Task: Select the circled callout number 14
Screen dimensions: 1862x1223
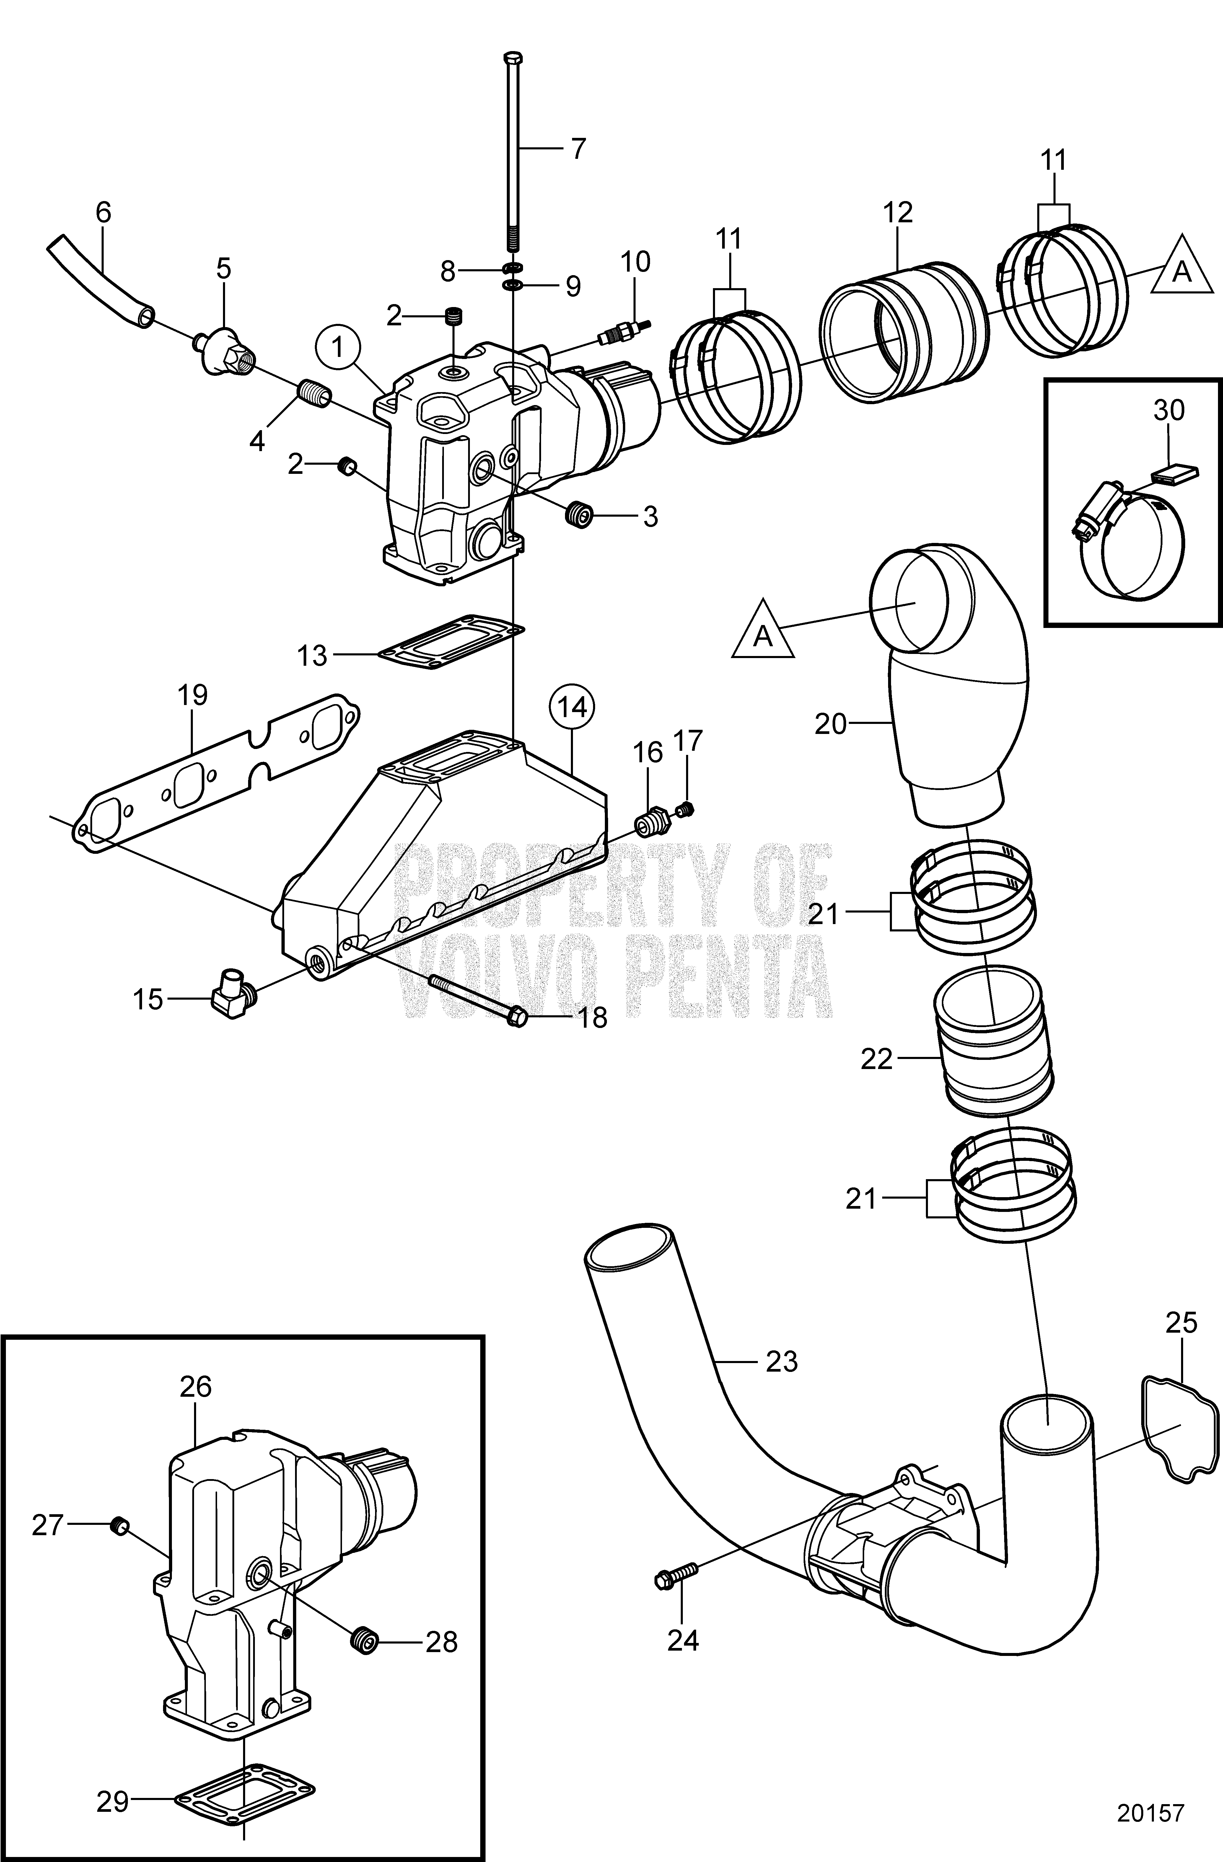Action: (572, 706)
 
